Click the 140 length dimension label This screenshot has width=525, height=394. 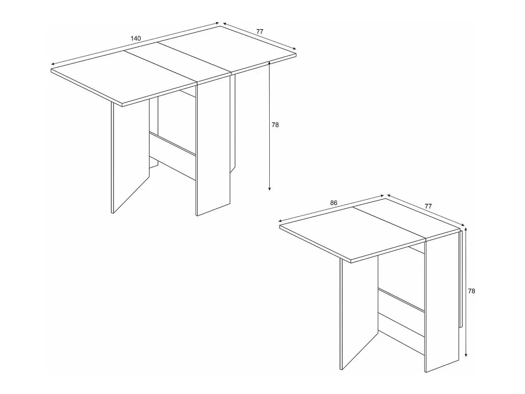136,38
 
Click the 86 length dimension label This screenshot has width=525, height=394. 334,203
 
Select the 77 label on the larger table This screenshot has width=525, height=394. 260,32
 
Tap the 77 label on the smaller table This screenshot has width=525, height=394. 428,206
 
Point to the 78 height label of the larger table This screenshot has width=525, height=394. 275,125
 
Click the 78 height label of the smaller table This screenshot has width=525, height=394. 471,291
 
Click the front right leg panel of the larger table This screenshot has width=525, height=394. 213,146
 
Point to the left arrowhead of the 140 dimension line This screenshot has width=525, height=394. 53,64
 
